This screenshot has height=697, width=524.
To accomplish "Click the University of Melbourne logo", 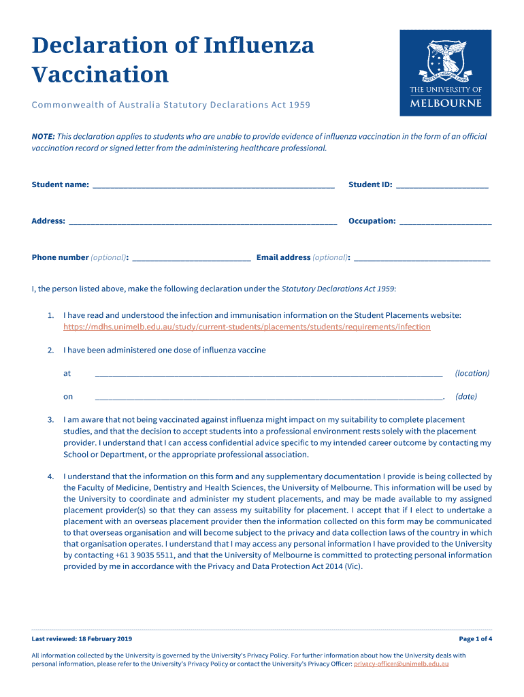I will point(445,73).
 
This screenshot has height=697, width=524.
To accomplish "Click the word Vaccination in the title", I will point(100,74).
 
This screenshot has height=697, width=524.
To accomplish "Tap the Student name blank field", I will point(213,186).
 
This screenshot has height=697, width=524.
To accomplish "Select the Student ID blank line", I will point(442,186).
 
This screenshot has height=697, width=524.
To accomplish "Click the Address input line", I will point(203,222).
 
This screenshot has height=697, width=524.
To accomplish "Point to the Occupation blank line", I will point(445,222).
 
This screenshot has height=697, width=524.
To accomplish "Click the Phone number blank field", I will point(191,259).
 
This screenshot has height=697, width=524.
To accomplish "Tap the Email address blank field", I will point(422,259).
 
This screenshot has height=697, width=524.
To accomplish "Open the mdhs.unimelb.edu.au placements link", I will point(246,327).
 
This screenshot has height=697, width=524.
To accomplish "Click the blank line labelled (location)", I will point(269,374).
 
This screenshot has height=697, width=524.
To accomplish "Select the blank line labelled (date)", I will point(269,398).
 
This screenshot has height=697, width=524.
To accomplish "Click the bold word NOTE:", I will point(43,136).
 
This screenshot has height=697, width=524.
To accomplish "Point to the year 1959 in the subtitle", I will point(299,105).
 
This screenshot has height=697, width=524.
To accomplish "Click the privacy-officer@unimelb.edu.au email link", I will point(401,664).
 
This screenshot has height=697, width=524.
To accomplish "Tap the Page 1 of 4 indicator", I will point(475,638).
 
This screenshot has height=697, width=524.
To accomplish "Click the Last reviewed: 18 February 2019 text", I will point(82,638).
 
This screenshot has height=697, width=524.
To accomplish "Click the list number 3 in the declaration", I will point(50,420).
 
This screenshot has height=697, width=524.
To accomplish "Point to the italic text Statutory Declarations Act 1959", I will point(338,289).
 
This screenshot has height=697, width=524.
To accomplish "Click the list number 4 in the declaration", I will point(50,476).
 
